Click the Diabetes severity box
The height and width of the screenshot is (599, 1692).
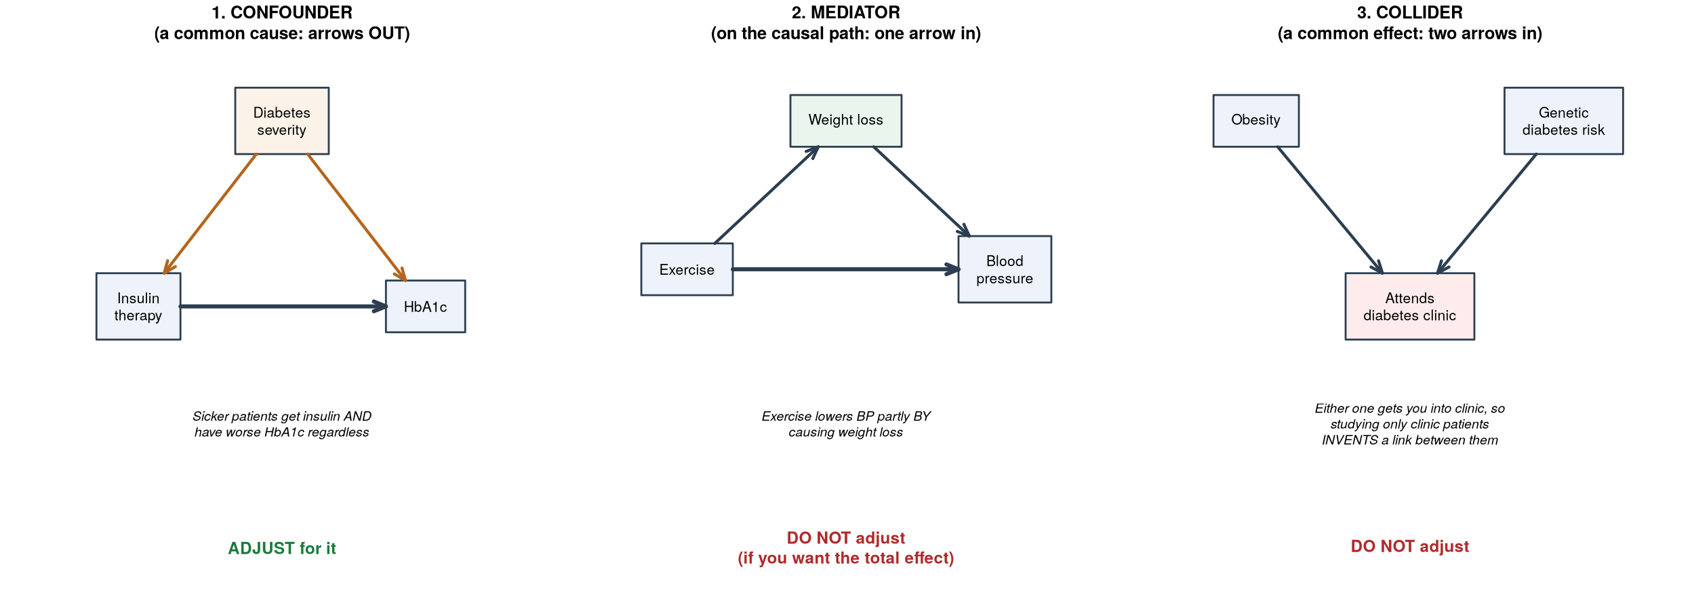pos(282,121)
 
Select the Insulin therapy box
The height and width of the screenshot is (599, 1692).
pos(138,307)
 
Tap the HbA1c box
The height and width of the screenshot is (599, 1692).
pos(426,307)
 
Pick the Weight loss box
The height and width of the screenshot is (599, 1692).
pos(846,121)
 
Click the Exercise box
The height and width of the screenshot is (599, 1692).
pos(687,269)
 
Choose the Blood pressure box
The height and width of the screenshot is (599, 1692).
pos(1005,269)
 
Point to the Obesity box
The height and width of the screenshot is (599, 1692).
pos(1256,121)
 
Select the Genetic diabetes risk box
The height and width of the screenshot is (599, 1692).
pos(1564,121)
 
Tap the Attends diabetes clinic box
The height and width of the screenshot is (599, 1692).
pos(1410,307)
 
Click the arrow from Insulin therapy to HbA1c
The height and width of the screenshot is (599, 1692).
pos(283,307)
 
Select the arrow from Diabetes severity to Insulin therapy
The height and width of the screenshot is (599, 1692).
pos(210,214)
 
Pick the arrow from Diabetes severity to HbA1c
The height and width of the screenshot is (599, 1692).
pos(357,217)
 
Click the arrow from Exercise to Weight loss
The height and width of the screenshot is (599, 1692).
pos(767,195)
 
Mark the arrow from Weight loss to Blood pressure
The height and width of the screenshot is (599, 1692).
pos(922,191)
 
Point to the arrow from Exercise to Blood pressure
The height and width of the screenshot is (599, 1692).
pos(846,269)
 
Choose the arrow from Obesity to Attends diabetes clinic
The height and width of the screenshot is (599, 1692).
pos(1330,210)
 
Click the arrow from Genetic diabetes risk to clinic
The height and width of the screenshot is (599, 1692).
pos(1487,214)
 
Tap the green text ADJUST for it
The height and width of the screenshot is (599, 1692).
pos(282,548)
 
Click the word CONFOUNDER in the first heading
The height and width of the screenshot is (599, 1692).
pos(291,12)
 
